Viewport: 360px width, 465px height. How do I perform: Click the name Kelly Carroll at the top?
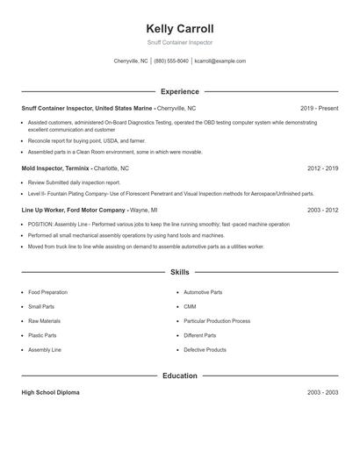[x=180, y=28]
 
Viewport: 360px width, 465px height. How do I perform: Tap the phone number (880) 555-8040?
[x=171, y=61]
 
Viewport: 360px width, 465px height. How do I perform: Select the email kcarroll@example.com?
[x=220, y=61]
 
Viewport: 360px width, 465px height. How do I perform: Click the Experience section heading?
[x=180, y=91]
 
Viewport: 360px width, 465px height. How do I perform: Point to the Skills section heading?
[x=180, y=273]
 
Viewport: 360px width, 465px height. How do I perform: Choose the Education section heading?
[x=180, y=376]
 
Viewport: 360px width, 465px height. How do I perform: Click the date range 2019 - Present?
[x=319, y=108]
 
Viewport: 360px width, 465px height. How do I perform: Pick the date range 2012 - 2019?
[x=322, y=168]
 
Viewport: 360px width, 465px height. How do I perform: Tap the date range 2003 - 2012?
[x=322, y=211]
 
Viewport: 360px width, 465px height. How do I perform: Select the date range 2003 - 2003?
[x=322, y=392]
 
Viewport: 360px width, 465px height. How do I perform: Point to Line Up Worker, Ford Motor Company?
[x=74, y=211]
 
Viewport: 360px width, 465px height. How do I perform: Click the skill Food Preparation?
[x=47, y=292]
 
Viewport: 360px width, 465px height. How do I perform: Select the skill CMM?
[x=190, y=306]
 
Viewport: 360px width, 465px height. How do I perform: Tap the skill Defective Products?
[x=205, y=349]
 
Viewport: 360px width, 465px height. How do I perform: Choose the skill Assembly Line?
[x=44, y=349]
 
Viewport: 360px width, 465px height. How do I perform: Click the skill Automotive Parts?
[x=203, y=292]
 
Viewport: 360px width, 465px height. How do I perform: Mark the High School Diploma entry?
[x=50, y=392]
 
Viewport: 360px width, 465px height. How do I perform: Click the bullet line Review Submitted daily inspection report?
[x=74, y=182]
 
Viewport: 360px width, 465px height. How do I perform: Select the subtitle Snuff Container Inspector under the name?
[x=180, y=42]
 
